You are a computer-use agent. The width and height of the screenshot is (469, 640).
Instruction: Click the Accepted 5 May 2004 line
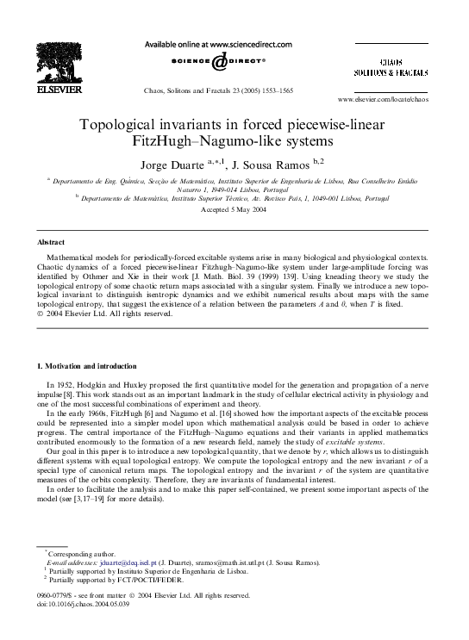(x=234, y=209)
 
